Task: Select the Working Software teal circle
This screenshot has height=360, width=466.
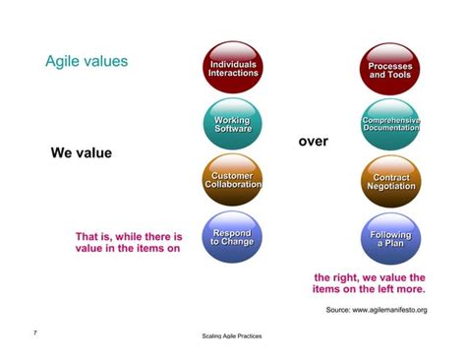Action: (233, 124)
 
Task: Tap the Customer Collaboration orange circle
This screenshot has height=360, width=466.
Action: (233, 181)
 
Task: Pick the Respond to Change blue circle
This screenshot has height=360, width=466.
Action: (233, 238)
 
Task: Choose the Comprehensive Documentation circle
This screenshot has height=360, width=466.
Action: (390, 124)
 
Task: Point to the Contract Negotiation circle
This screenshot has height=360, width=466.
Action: (390, 181)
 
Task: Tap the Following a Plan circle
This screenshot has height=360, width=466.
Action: (390, 238)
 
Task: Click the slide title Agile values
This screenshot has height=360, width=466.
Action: (87, 62)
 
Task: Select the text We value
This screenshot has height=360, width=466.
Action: (81, 152)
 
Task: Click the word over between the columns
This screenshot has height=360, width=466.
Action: (313, 142)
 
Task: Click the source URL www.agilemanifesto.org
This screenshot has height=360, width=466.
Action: (390, 310)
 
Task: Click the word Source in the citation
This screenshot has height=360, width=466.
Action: (338, 310)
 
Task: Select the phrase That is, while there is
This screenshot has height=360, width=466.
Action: (129, 237)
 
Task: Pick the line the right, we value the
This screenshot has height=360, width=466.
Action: (369, 277)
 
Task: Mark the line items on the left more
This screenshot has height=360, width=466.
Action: (369, 290)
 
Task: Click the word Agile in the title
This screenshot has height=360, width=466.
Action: (61, 62)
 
